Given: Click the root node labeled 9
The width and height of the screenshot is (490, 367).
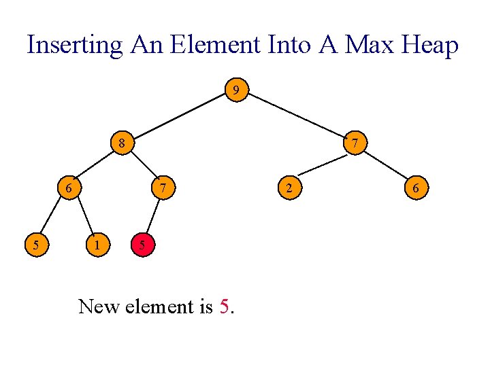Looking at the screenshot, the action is click(x=235, y=90).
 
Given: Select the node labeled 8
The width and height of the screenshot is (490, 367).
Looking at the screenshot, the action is click(x=122, y=143).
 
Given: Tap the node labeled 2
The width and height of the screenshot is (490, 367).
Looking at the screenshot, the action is click(x=289, y=188).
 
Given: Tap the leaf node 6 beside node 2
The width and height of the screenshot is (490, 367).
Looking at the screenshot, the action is click(x=416, y=188).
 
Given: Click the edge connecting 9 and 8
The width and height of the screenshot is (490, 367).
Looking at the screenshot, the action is click(x=178, y=116).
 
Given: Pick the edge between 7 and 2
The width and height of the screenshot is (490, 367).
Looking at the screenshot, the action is click(x=321, y=166).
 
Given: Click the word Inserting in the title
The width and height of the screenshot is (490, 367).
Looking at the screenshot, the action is click(x=75, y=45).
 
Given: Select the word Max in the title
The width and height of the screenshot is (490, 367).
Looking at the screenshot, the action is click(x=368, y=45).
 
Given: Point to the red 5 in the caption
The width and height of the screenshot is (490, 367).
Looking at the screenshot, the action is click(x=225, y=307).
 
